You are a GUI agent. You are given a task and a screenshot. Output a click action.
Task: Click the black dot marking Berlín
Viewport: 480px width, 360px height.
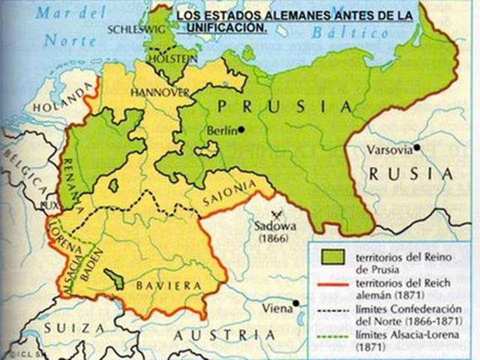(241, 130)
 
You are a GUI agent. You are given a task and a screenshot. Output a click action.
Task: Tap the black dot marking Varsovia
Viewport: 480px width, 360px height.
(416, 148)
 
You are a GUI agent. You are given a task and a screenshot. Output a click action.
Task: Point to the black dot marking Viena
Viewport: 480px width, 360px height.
(297, 303)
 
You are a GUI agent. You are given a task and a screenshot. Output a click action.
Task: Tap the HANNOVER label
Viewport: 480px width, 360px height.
(159, 92)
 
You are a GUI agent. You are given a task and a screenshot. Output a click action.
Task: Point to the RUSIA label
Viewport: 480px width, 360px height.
(411, 174)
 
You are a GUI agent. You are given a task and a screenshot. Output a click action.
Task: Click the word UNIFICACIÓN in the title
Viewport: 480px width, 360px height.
(229, 26)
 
